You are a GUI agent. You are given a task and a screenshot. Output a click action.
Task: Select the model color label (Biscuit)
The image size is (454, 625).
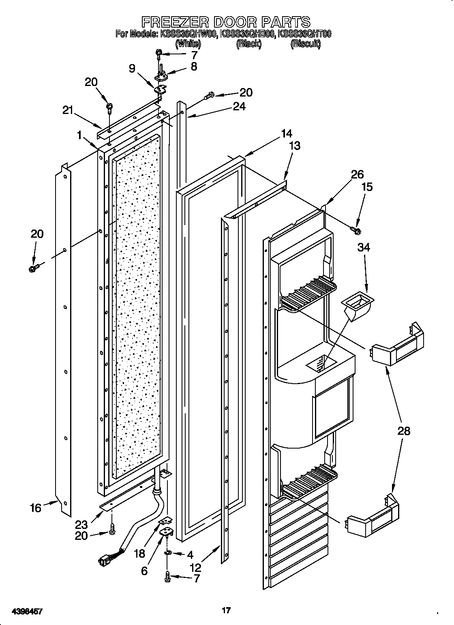pyautogui.click(x=305, y=44)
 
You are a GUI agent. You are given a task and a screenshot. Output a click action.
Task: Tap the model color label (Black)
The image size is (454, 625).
pyautogui.click(x=248, y=44)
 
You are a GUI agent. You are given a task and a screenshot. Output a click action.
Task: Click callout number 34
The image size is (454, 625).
pyautogui.click(x=363, y=247)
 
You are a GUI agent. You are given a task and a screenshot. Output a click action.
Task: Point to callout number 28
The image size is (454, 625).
pyautogui.click(x=404, y=431)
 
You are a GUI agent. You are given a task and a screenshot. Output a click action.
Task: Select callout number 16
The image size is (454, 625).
pyautogui.click(x=36, y=507)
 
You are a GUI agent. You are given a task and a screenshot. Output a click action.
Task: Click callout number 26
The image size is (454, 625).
pyautogui.click(x=357, y=174)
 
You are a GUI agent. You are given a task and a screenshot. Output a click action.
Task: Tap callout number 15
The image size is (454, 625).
pyautogui.click(x=366, y=187)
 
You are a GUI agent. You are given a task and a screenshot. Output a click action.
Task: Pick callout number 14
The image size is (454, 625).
pyautogui.click(x=286, y=133)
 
